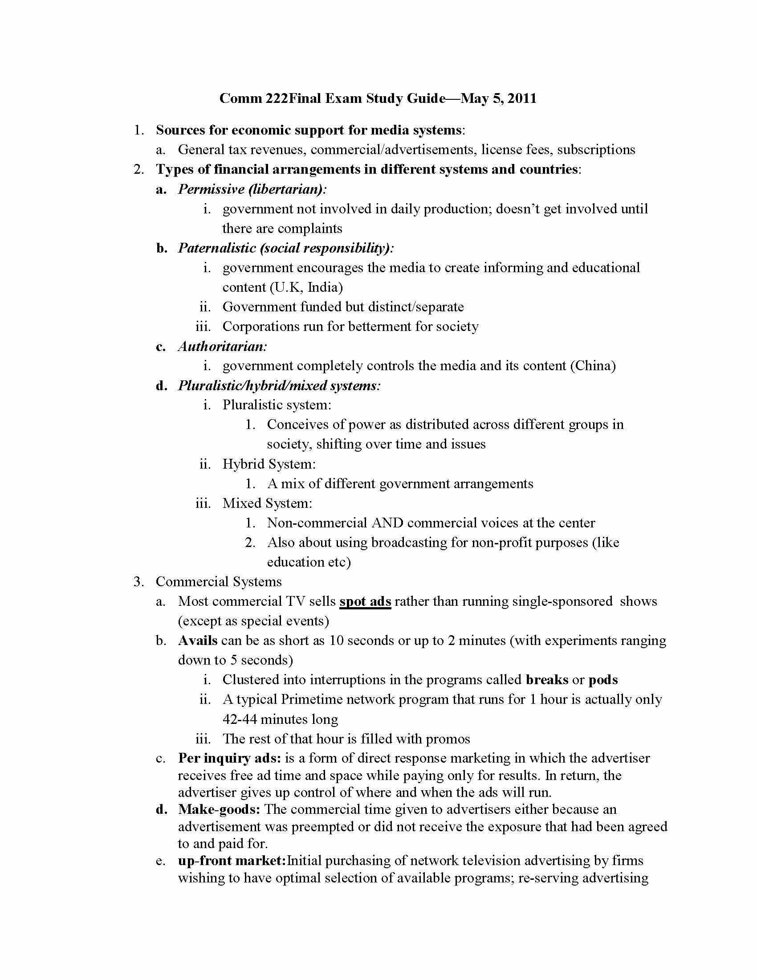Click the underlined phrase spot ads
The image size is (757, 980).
365,601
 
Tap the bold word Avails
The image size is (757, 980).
198,640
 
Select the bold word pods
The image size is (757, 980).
603,680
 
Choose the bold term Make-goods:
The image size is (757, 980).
219,809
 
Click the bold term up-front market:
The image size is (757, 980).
232,860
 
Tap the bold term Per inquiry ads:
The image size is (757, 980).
230,758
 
